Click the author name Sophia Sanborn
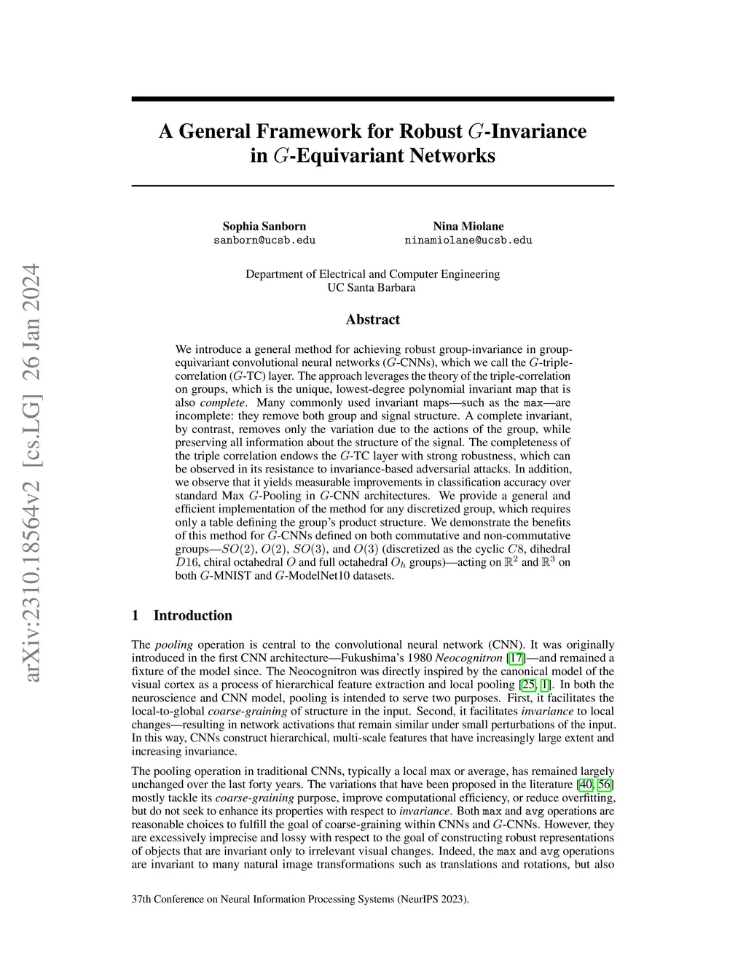pyautogui.click(x=264, y=226)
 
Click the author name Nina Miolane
pyautogui.click(x=468, y=226)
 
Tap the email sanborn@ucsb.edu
pyautogui.click(x=264, y=240)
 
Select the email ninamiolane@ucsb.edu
pyautogui.click(x=468, y=240)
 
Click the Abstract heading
pyautogui.click(x=372, y=319)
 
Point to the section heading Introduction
pyautogui.click(x=192, y=615)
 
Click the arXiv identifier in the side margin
pyautogui.click(x=34, y=474)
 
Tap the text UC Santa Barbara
pyautogui.click(x=372, y=287)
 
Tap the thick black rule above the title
pyautogui.click(x=372, y=99)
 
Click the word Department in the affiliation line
pyautogui.click(x=274, y=274)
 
